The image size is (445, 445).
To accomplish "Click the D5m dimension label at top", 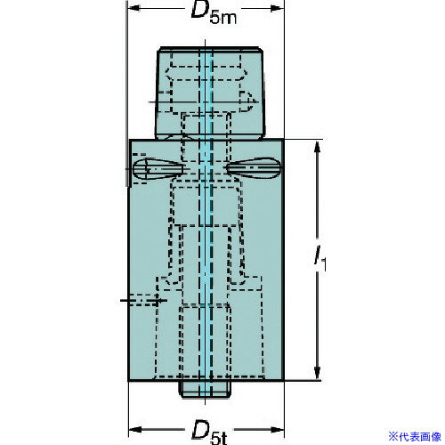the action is coord(214,13).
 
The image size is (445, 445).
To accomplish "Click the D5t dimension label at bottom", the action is coord(209,432).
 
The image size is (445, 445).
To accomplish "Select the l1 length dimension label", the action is coord(320,259).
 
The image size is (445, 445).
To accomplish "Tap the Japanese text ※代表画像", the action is coord(415,437).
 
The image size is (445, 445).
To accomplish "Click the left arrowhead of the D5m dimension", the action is coord(134,8).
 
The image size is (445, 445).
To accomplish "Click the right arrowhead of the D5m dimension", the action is coord(278,8).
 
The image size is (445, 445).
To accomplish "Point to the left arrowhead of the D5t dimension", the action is coord(135,429).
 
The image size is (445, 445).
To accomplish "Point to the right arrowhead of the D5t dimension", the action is coord(278,429).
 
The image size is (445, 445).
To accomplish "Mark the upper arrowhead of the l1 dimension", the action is coord(318,148).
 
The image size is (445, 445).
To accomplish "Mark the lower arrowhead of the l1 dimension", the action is coord(318,371).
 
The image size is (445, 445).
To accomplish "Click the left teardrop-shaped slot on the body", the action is coord(158,169).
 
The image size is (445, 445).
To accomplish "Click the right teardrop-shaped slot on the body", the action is coord(254,168).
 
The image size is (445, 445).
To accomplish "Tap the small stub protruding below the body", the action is coord(205,389).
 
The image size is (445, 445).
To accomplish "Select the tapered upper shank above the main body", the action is coord(210,93).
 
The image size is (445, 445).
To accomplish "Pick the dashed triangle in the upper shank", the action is coord(247,101).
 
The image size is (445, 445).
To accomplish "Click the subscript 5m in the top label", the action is coord(222,19).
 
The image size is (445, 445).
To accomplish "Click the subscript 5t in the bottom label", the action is coord(219,439).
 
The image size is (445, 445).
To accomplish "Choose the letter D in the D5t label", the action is coord(200,429).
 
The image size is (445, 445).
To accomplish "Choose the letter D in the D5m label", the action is coord(199,11).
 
